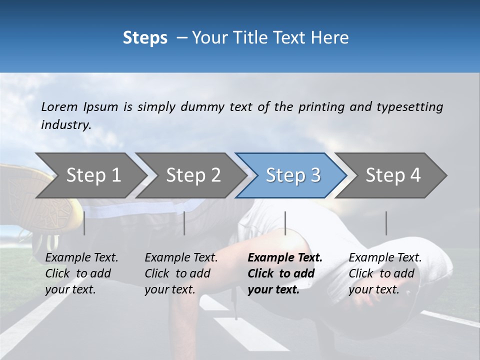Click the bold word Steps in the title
(x=145, y=37)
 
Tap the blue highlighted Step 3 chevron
(x=293, y=175)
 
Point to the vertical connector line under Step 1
(x=84, y=223)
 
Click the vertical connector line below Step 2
(x=184, y=223)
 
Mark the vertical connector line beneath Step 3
(x=285, y=223)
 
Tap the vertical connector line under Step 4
(x=386, y=223)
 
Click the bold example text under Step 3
(x=284, y=273)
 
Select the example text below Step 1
(x=81, y=273)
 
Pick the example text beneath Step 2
(x=181, y=273)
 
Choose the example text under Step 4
(x=385, y=273)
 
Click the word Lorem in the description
(x=59, y=106)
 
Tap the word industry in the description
(x=66, y=124)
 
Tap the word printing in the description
(x=321, y=106)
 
